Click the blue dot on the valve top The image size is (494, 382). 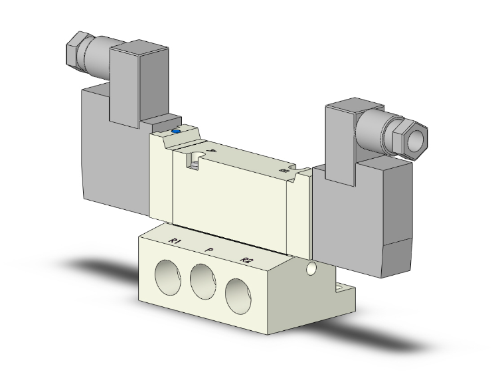(x=176, y=132)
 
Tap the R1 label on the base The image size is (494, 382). (x=175, y=240)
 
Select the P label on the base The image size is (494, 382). (x=209, y=250)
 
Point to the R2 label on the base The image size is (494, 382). (x=246, y=260)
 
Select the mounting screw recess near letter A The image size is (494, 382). (x=194, y=159)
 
